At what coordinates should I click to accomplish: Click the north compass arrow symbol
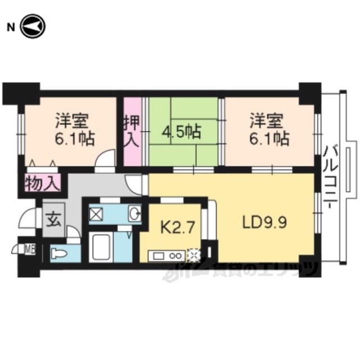tap(33, 26)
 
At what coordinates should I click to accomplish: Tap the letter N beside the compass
tap(11, 28)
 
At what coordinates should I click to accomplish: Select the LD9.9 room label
tap(264, 223)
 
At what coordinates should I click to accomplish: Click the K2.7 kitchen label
tap(178, 228)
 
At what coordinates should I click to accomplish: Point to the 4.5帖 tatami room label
tap(181, 132)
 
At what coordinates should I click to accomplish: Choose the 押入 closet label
tap(132, 132)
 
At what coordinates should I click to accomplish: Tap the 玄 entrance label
tap(53, 220)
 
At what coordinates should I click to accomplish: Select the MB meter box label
tap(30, 250)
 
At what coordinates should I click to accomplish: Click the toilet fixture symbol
tap(59, 254)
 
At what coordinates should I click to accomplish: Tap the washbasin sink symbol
tap(134, 213)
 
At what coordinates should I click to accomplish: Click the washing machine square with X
tap(96, 214)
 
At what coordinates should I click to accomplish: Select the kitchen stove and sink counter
tap(166, 255)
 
